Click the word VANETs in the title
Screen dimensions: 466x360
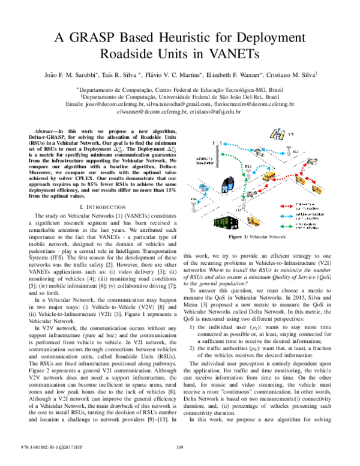(x=230, y=54)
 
